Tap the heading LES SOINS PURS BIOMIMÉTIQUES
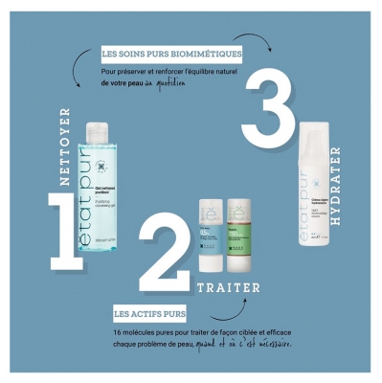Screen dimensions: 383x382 [171, 53]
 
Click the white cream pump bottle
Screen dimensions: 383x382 [320, 206]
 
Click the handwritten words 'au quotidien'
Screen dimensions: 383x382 [176, 83]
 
